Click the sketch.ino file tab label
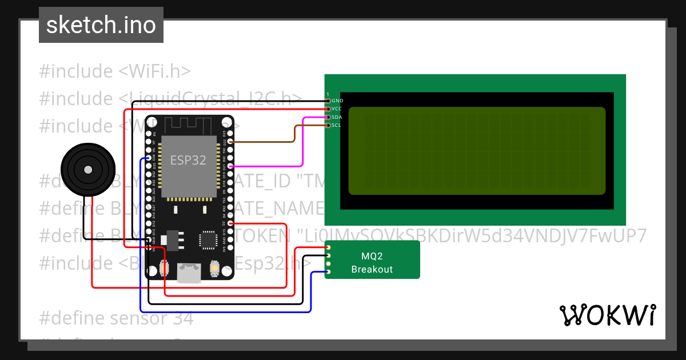101,25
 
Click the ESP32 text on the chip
188,160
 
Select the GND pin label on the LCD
337,101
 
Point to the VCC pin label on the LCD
337,109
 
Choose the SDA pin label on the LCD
337,117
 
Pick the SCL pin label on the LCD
336,125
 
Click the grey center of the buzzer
87,170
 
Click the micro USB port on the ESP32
188,273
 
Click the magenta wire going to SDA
303,143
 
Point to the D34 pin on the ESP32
149,158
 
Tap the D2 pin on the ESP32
230,223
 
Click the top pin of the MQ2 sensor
329,247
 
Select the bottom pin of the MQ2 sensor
329,271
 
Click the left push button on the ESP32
165,267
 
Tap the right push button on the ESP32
215,267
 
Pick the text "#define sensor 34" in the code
117,318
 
